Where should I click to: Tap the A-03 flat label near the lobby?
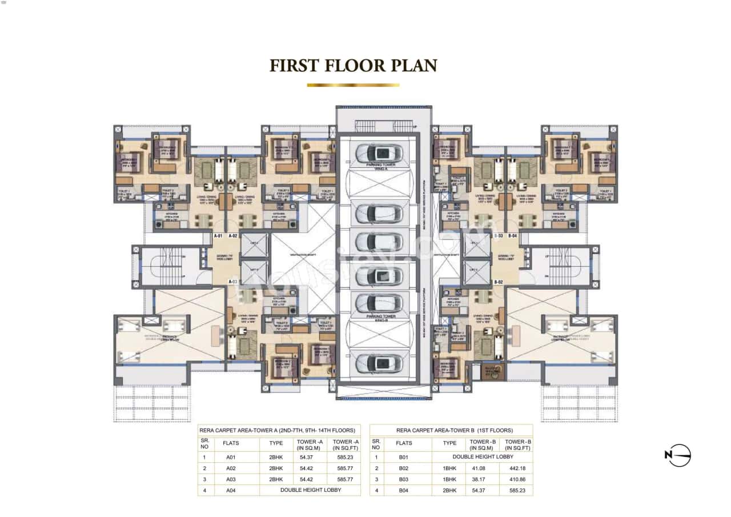(x=232, y=282)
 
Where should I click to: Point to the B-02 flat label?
(x=498, y=282)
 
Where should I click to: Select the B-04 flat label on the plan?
(x=513, y=236)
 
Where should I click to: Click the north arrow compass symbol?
(x=678, y=455)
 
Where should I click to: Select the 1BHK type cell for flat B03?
(x=449, y=479)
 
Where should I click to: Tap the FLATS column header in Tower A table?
(x=231, y=443)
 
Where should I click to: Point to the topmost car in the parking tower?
(x=379, y=153)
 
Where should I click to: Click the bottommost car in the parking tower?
(x=379, y=363)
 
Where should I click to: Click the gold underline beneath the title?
(x=353, y=85)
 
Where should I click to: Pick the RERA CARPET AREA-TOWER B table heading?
(x=451, y=430)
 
